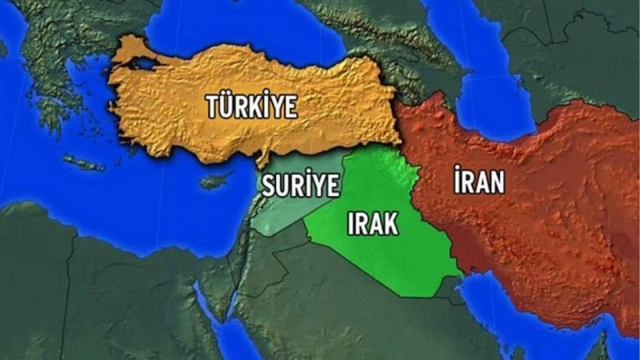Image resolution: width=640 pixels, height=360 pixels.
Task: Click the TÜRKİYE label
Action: click(251, 106)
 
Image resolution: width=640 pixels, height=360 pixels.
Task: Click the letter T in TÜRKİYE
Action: click(213, 107)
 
